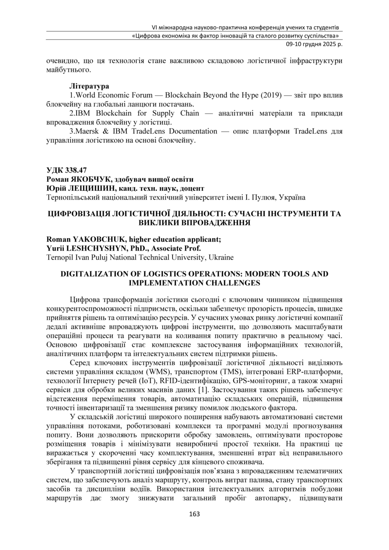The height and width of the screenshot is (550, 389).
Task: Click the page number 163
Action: pos(194,514)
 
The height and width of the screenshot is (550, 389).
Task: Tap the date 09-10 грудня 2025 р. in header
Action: pos(313,44)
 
